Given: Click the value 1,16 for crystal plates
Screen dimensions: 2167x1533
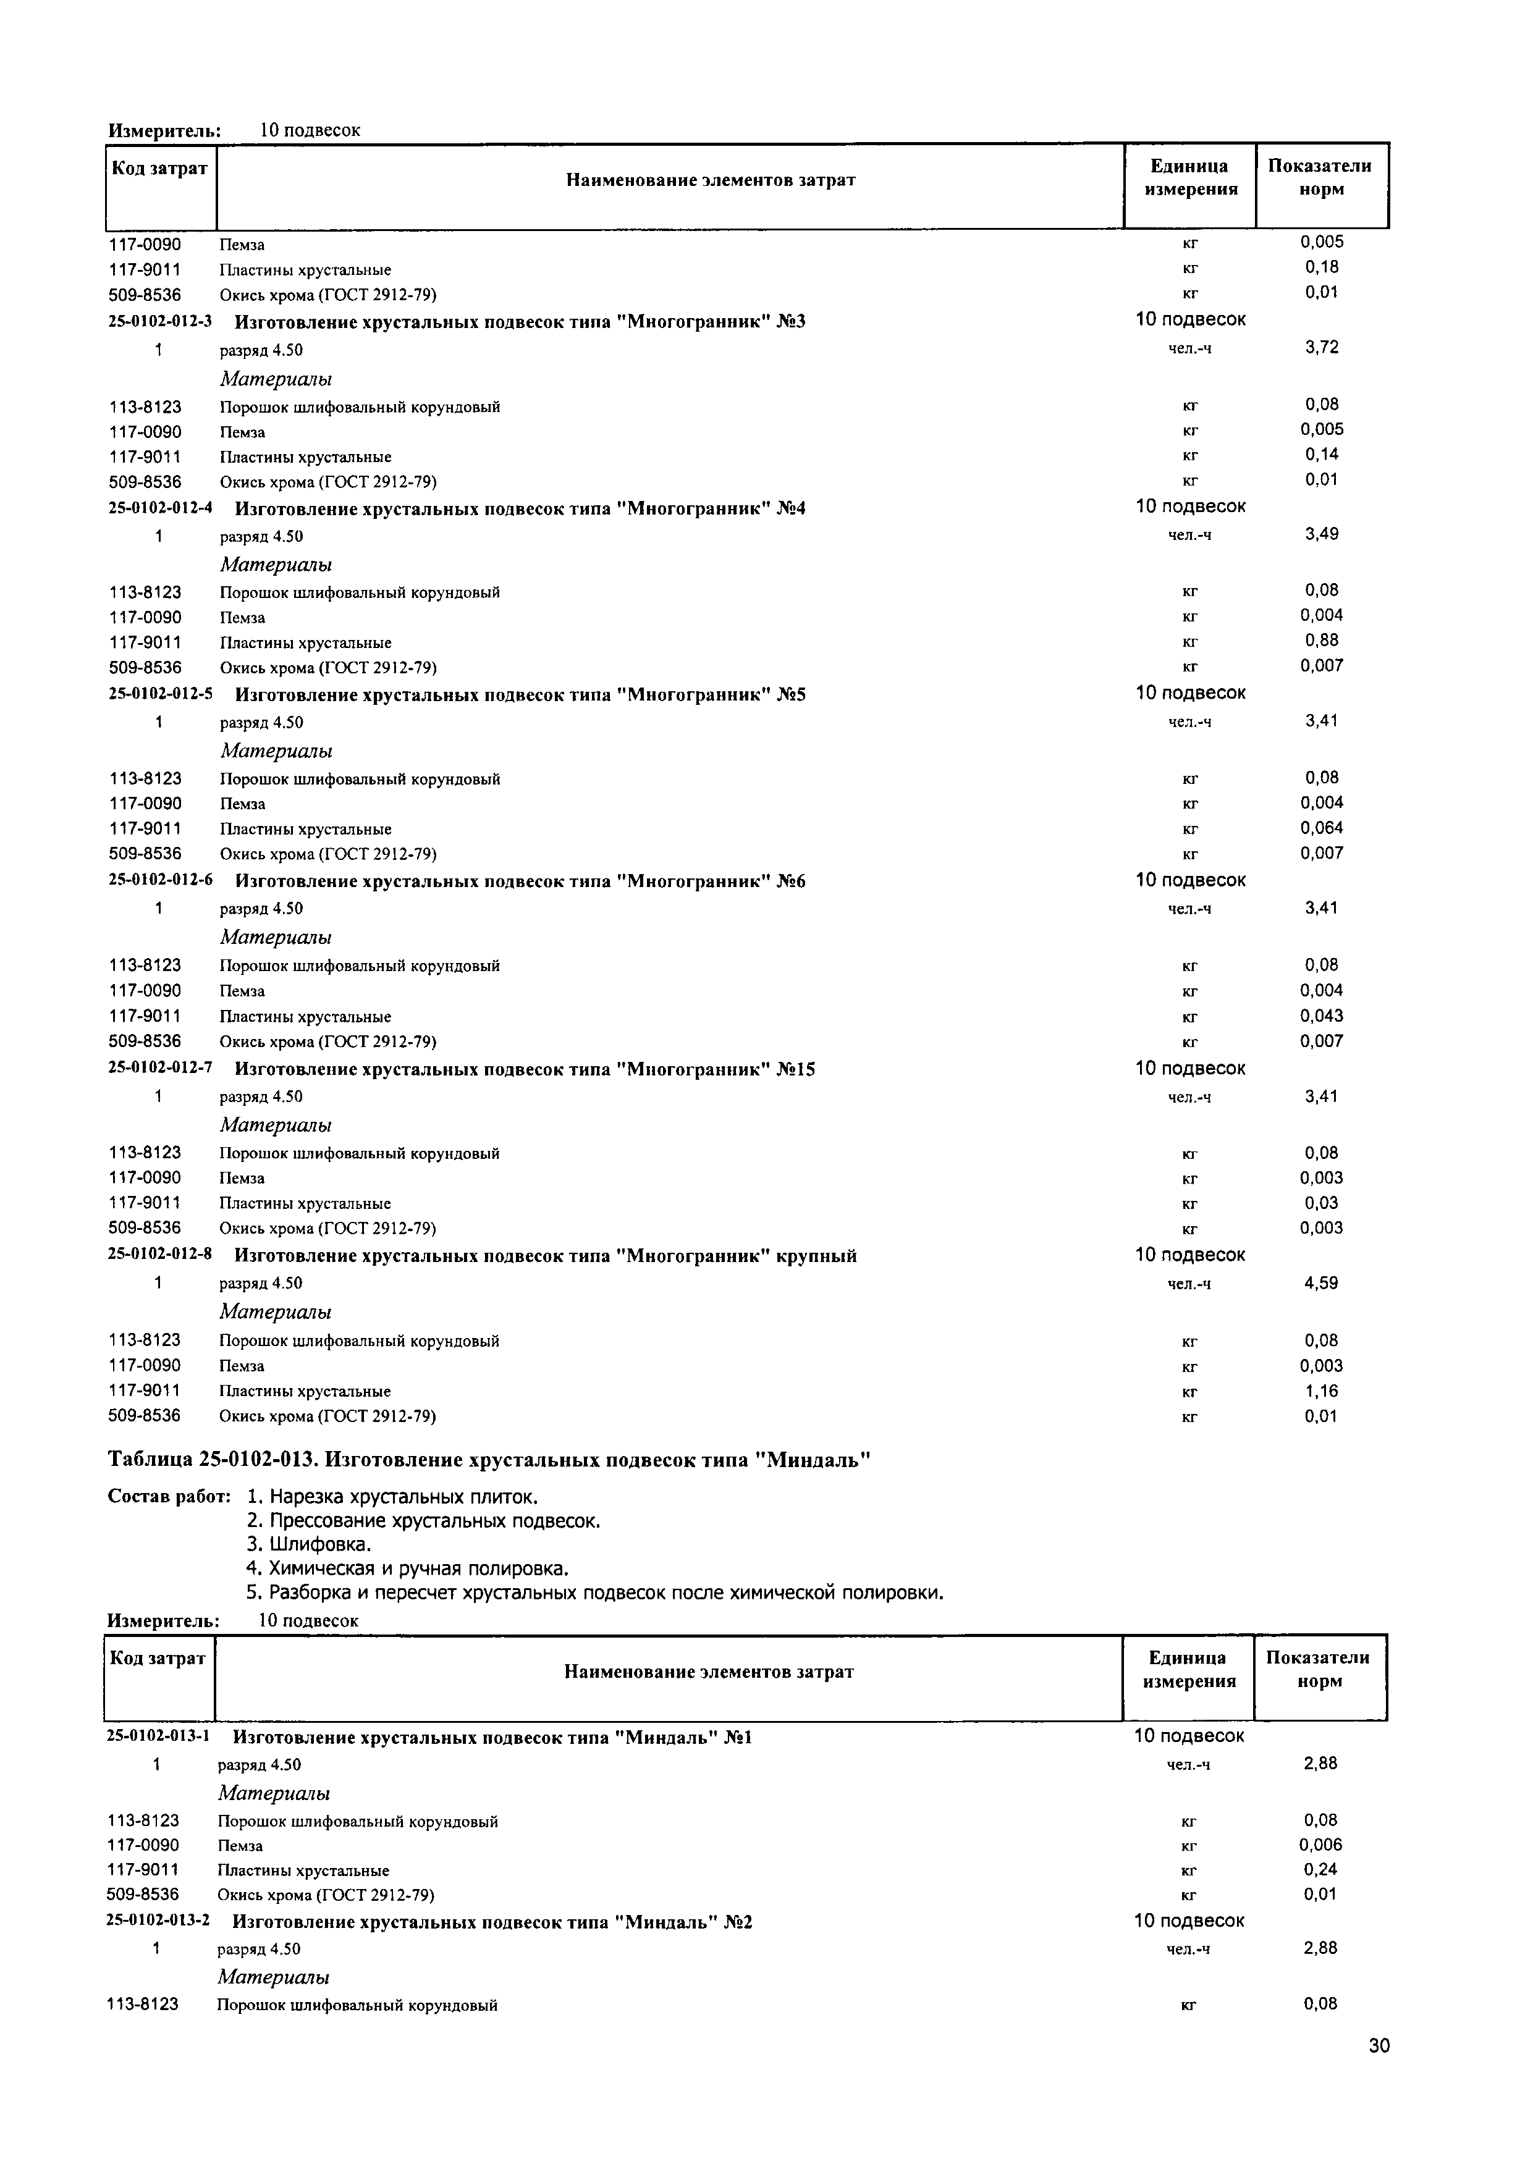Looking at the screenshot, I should (x=1320, y=1391).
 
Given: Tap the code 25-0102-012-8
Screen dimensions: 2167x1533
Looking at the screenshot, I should (x=159, y=1255).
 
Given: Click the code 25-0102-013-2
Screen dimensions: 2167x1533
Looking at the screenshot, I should (x=158, y=1921).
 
